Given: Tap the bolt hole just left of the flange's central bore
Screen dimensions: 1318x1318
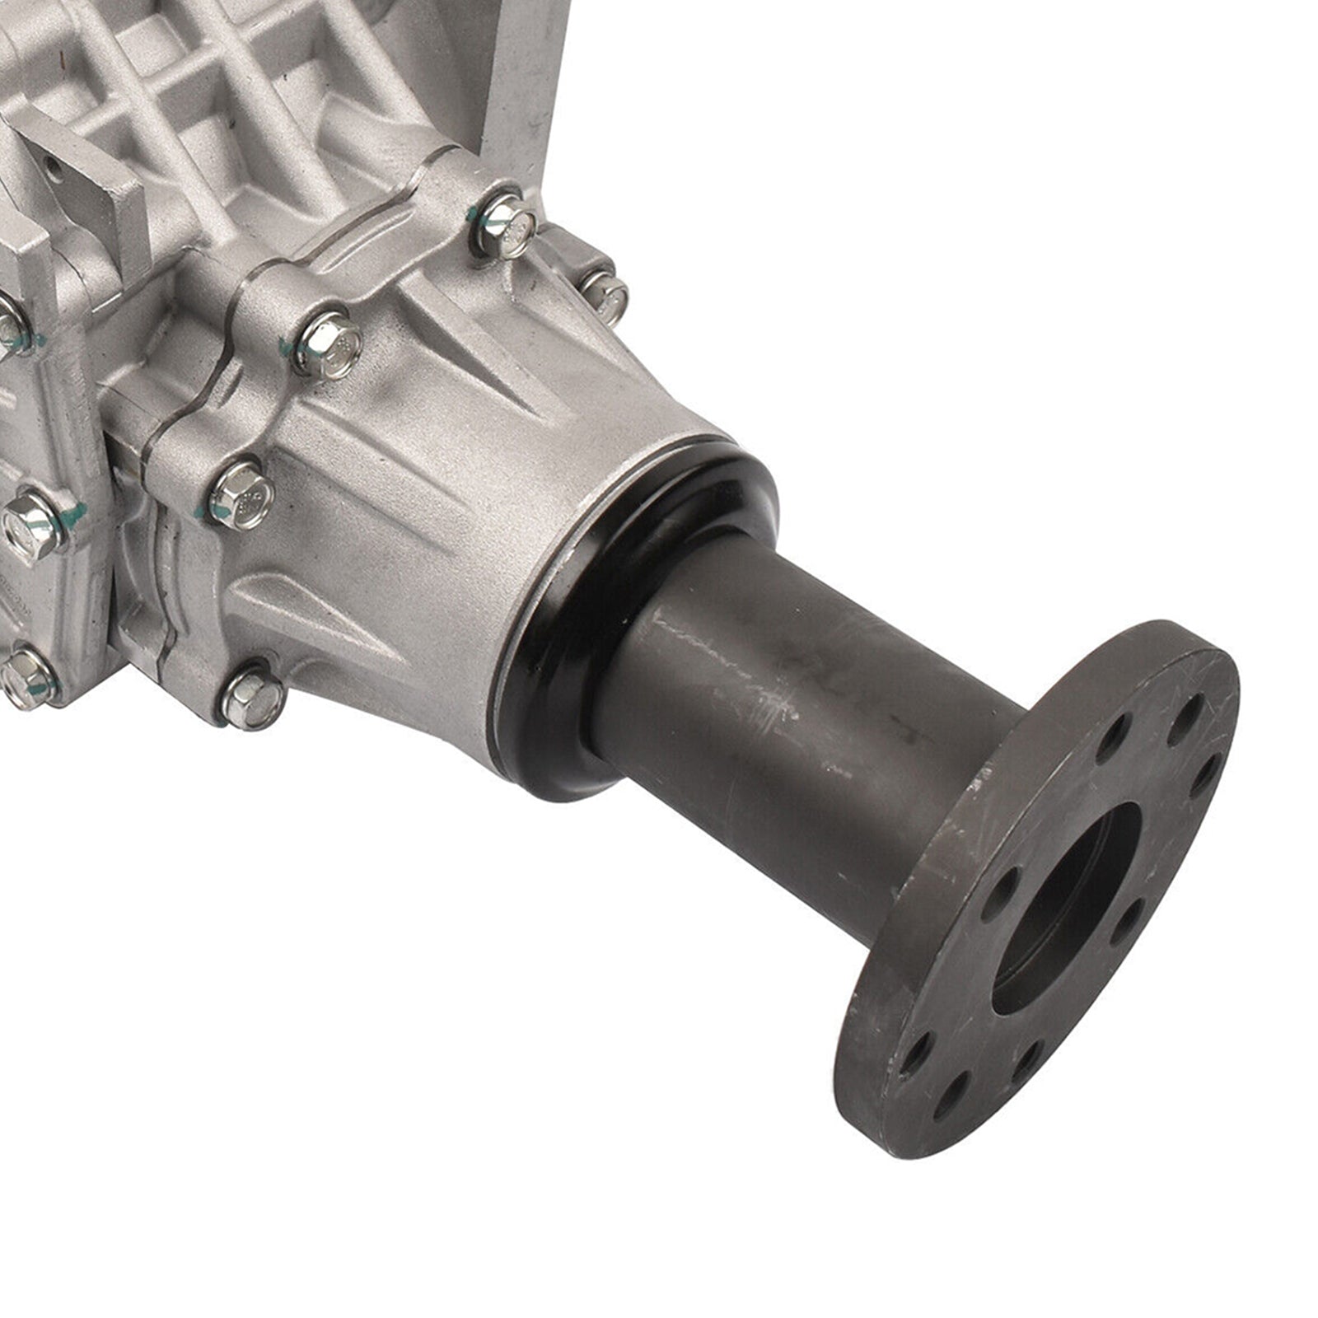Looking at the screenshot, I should point(1003,886).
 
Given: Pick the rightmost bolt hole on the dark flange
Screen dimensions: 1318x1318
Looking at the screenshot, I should point(1204,775).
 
